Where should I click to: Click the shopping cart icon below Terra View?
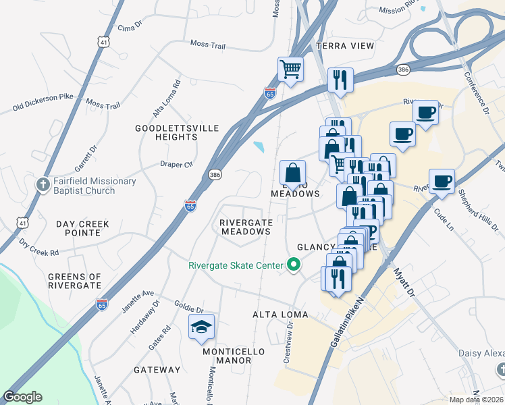290,68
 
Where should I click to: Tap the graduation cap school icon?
201,327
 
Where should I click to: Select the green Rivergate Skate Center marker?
293,265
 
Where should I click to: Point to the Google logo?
22,397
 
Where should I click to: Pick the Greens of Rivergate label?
75,281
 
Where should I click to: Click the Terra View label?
344,46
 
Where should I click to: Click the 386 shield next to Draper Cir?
215,174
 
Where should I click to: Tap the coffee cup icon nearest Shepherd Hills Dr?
442,181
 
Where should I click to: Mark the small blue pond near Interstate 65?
259,146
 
